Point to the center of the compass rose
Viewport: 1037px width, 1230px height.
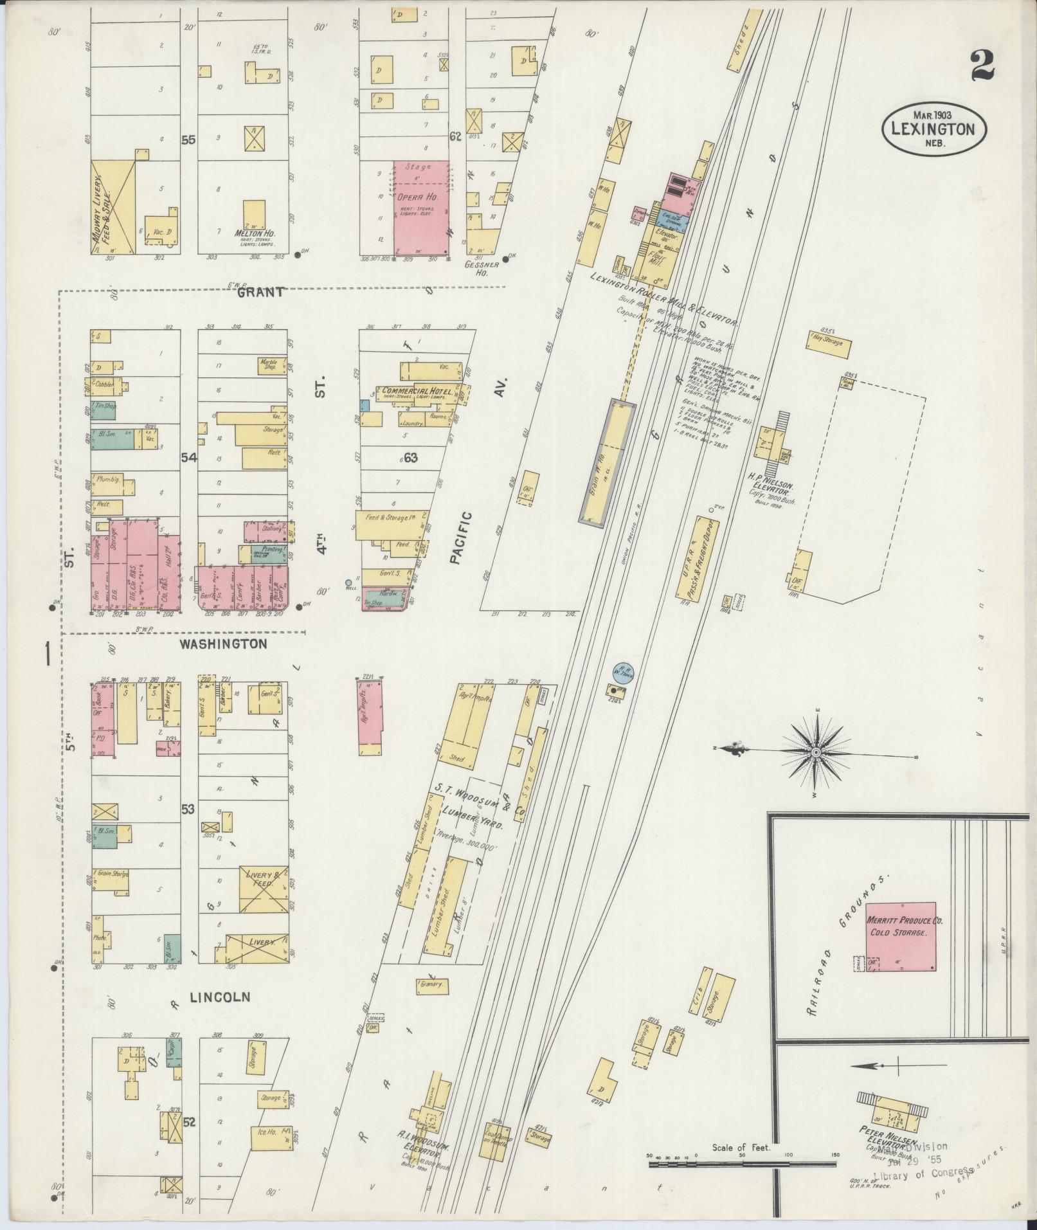pyautogui.click(x=816, y=752)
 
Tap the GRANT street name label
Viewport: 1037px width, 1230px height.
pyautogui.click(x=260, y=293)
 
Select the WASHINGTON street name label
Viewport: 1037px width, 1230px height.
pyautogui.click(x=223, y=644)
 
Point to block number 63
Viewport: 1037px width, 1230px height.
pyautogui.click(x=410, y=458)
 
